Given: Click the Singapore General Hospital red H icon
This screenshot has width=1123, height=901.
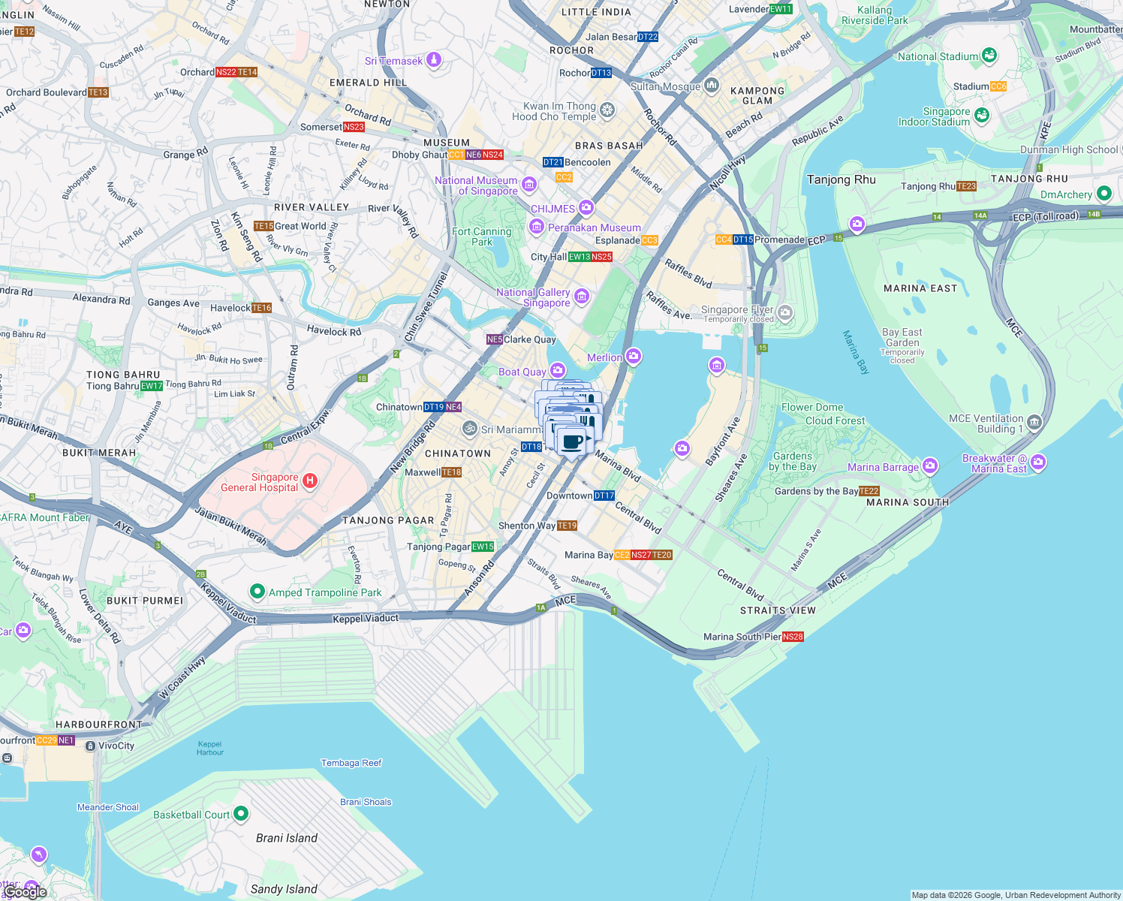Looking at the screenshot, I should (x=309, y=480).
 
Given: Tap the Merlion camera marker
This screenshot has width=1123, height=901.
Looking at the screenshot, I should (x=634, y=356).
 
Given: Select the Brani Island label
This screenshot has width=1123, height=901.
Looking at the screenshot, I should (x=286, y=838).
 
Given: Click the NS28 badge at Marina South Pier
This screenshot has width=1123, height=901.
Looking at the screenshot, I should (x=793, y=637).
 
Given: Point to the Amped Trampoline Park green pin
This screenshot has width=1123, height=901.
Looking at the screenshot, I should (x=257, y=592).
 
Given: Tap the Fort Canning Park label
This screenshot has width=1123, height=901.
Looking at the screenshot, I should (x=482, y=237).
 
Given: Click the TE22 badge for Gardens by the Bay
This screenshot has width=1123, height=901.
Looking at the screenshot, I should (x=869, y=491).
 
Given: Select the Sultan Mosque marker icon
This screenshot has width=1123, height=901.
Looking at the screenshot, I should (x=712, y=86).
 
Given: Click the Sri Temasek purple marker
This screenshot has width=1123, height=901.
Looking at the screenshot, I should (x=434, y=60).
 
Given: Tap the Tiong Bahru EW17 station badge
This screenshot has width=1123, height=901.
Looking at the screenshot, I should (x=152, y=386).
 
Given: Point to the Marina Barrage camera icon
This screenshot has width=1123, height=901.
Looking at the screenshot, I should (x=930, y=466).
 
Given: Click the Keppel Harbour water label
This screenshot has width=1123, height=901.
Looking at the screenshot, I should (x=210, y=748).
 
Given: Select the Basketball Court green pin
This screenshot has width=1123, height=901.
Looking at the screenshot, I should (x=241, y=813).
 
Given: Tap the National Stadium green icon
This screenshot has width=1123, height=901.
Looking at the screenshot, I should (x=989, y=56).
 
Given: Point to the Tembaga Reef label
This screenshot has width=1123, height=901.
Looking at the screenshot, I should (x=351, y=763).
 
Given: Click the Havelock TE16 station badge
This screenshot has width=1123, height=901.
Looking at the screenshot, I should (x=261, y=308).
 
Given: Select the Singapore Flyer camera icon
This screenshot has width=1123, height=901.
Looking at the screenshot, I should (x=785, y=312).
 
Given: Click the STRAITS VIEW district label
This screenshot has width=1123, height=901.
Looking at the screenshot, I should (x=778, y=610).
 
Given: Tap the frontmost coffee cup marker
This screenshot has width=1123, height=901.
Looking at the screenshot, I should (x=573, y=441).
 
